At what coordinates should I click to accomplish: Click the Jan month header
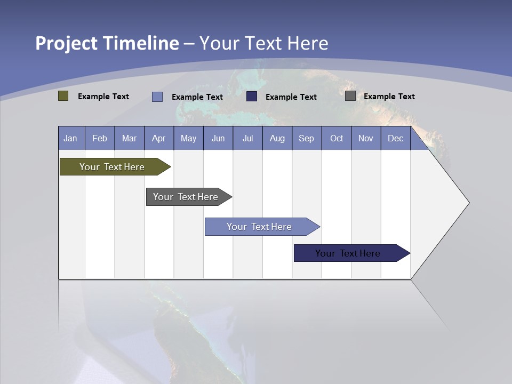click(71, 138)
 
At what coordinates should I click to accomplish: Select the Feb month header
click(100, 138)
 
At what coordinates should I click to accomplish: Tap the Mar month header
click(129, 138)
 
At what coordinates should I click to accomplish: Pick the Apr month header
click(159, 138)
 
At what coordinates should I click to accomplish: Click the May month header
click(188, 138)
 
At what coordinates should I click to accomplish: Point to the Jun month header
click(218, 138)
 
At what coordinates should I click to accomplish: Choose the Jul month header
click(247, 138)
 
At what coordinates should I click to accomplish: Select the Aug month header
click(277, 138)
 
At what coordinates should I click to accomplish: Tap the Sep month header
click(307, 138)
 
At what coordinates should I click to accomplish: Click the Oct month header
click(337, 138)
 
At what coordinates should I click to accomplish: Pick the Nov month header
click(366, 138)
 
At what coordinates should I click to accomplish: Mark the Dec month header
click(396, 138)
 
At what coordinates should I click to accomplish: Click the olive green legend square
click(63, 96)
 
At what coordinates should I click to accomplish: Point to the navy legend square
click(252, 97)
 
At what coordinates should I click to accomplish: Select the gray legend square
click(350, 96)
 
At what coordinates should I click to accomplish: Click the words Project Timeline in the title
click(107, 43)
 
